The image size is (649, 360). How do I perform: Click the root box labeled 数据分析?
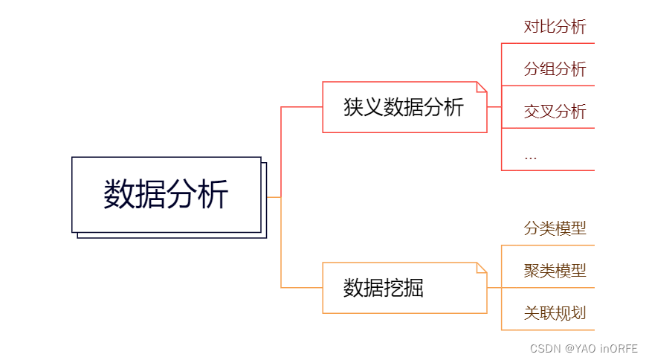pyautogui.click(x=167, y=195)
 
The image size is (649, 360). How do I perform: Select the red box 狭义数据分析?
pyautogui.click(x=404, y=107)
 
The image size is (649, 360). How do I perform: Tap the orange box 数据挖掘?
pyautogui.click(x=404, y=288)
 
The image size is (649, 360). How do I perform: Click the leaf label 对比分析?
pyautogui.click(x=555, y=28)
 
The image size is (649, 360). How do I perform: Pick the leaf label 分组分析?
pyautogui.click(x=555, y=70)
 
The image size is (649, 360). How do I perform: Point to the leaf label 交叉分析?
pyautogui.click(x=555, y=112)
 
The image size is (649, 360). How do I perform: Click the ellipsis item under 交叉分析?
pyautogui.click(x=530, y=156)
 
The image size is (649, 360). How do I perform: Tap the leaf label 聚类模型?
pyautogui.click(x=555, y=271)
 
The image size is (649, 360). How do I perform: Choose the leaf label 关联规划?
pyautogui.click(x=555, y=313)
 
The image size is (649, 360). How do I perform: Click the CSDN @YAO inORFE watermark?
pyautogui.click(x=584, y=348)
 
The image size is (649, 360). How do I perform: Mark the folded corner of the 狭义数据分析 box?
pyautogui.click(x=482, y=86)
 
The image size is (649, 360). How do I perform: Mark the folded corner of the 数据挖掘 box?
pyautogui.click(x=482, y=267)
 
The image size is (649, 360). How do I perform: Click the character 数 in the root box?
pyautogui.click(x=119, y=195)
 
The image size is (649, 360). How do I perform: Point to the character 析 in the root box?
pyautogui.click(x=214, y=195)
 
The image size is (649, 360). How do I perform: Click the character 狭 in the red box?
pyautogui.click(x=352, y=107)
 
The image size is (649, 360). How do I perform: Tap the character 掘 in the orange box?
pyautogui.click(x=413, y=288)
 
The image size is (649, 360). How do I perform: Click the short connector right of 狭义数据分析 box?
pyautogui.click(x=494, y=107)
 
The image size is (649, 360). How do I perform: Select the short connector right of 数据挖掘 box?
pyautogui.click(x=494, y=288)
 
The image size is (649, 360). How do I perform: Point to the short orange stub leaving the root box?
pyautogui.click(x=273, y=197)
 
